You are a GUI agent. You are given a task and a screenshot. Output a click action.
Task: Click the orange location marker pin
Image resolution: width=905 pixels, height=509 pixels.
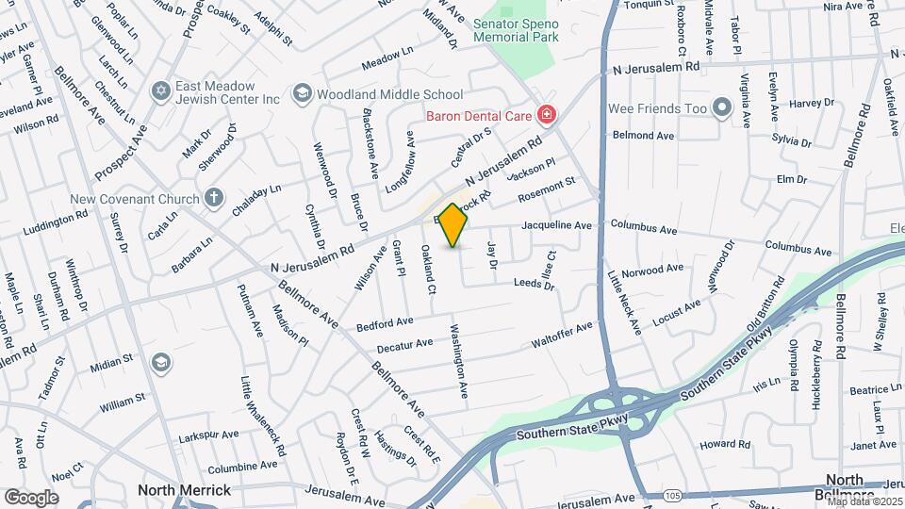coord(453,225)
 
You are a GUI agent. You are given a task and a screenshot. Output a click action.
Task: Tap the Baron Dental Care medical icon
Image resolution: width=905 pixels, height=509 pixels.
coord(546,116)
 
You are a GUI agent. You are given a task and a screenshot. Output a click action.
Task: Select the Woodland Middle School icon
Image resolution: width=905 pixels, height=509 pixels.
coord(302,93)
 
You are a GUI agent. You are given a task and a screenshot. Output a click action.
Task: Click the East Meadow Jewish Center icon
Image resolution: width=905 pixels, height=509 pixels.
coord(159,91)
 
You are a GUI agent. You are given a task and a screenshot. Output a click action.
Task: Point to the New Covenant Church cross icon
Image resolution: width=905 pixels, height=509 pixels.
coord(214,199)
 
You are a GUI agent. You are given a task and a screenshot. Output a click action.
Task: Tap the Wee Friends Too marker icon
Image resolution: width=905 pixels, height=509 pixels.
coord(722,108)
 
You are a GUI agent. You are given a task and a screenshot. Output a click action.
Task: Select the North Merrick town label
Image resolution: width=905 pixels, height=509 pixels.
coord(185,490)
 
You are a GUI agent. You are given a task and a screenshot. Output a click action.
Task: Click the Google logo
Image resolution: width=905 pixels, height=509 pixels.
coord(31,497)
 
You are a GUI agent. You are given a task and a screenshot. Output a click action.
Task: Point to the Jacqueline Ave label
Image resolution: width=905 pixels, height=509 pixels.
coord(556,226)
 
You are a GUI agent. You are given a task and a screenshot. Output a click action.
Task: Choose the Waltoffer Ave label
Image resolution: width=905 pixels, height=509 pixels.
coord(562,333)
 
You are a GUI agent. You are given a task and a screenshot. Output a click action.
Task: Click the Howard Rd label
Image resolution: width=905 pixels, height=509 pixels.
coord(724,443)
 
